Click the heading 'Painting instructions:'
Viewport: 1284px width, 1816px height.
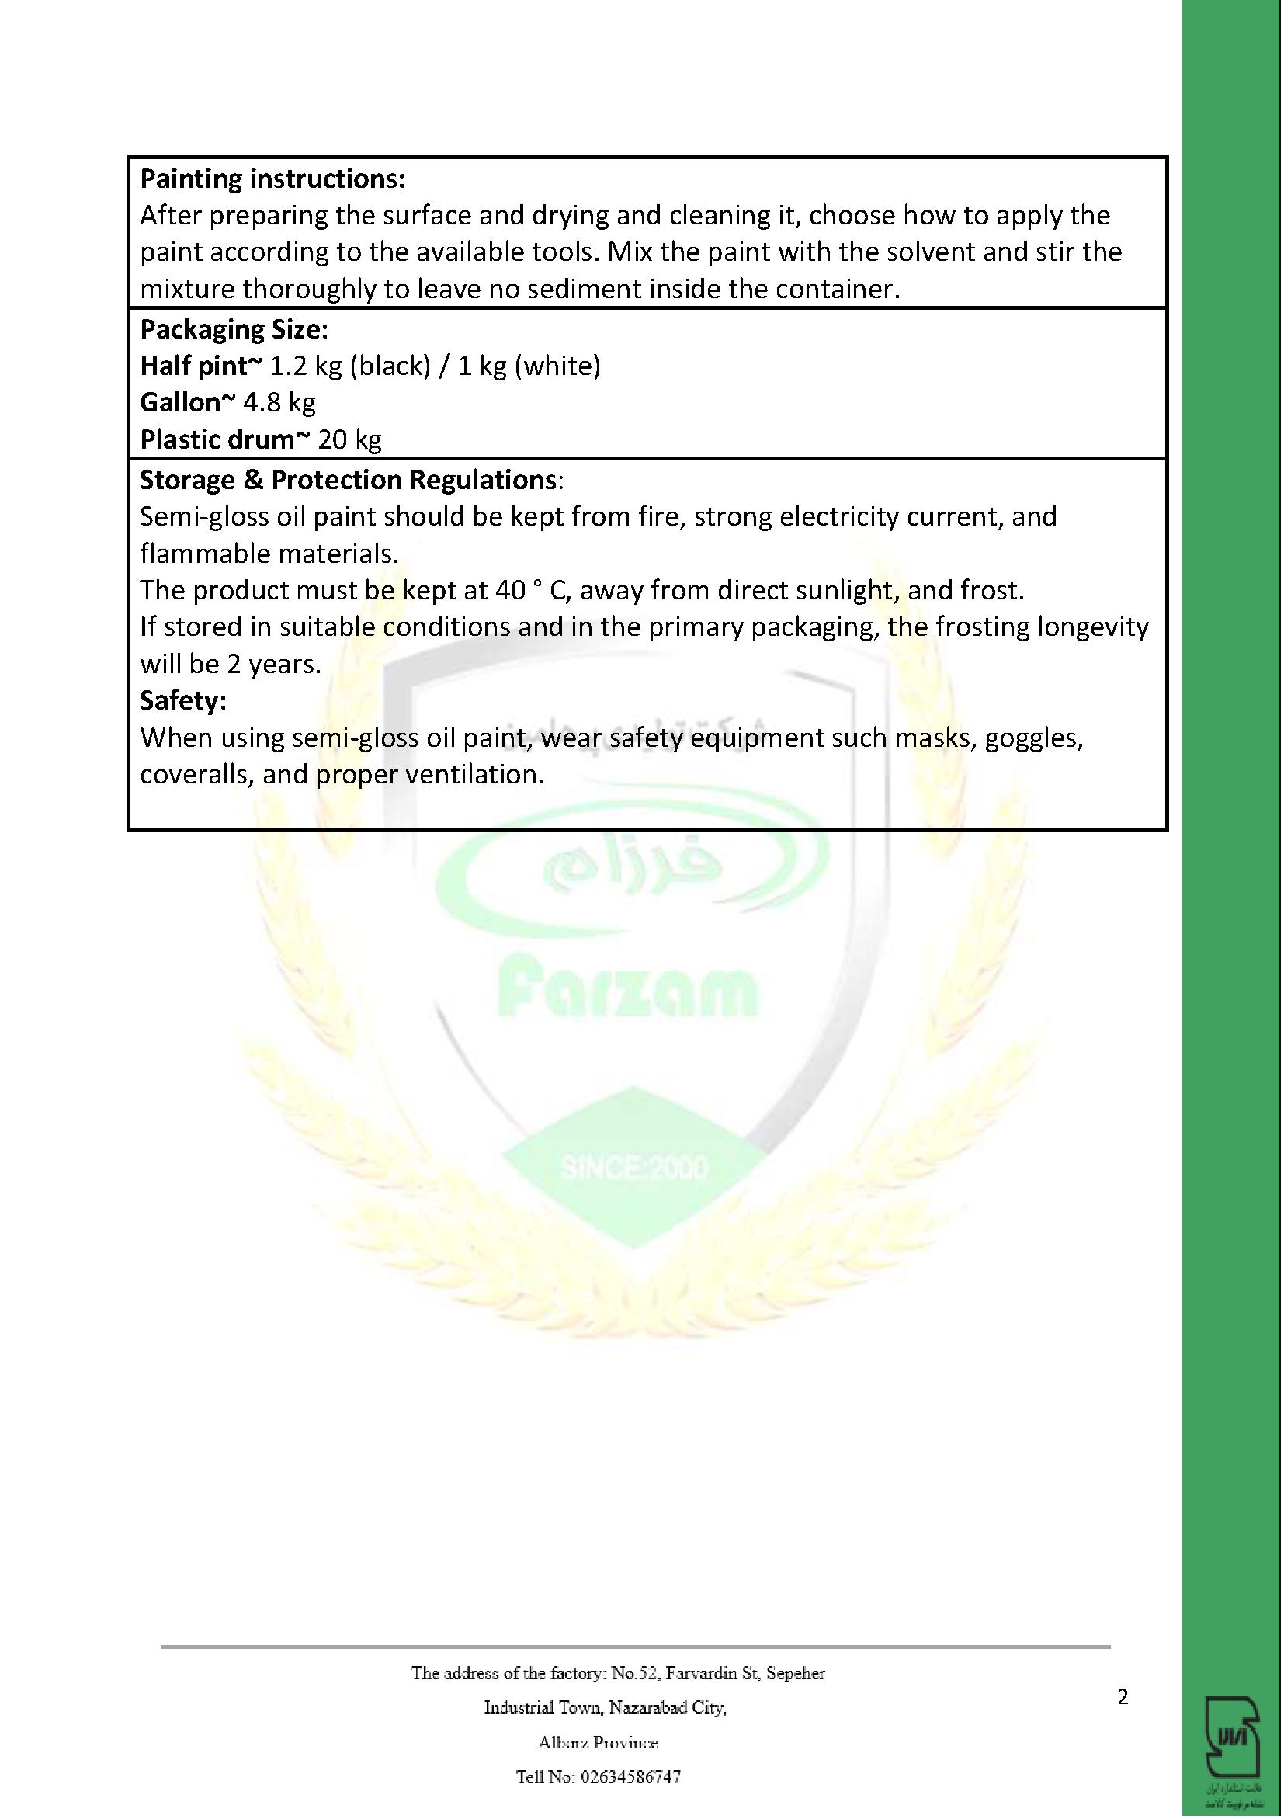[x=272, y=179]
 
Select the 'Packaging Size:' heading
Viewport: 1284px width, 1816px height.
[x=234, y=328]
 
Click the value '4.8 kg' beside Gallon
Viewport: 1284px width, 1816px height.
[x=279, y=403]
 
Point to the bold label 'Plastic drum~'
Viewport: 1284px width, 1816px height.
[x=224, y=439]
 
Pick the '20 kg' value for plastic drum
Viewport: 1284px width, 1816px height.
[x=349, y=439]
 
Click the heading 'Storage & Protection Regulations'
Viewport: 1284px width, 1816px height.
[x=349, y=479]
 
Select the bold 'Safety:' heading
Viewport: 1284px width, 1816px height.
[x=183, y=700]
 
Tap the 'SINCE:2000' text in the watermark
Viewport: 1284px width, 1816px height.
[x=634, y=1168]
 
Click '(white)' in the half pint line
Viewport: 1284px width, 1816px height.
[x=557, y=366]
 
